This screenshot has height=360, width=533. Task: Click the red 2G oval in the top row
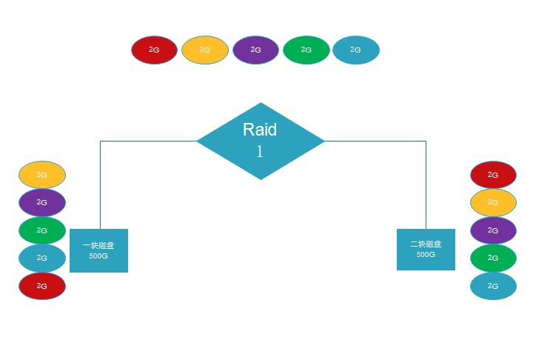[x=154, y=50]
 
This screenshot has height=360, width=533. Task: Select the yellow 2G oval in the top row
[x=204, y=50]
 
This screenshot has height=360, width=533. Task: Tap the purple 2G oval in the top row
[x=255, y=50]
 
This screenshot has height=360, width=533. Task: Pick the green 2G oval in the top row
[x=306, y=50]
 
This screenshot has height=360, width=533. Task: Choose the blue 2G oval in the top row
[x=356, y=50]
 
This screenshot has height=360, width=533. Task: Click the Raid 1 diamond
[x=261, y=141]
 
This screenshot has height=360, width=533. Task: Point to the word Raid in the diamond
[x=260, y=130]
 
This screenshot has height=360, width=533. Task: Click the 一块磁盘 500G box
[x=98, y=250]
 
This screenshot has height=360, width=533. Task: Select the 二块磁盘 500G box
[x=426, y=249]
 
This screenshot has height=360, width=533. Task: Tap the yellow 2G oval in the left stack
[x=42, y=175]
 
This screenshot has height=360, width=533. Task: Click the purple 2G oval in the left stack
[x=42, y=202]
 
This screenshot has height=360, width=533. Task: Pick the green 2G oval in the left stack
[x=42, y=230]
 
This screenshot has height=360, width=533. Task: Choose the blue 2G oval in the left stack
[x=42, y=258]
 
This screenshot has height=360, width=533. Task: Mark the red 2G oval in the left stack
[x=42, y=286]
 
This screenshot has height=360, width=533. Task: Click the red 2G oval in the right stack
[x=493, y=175]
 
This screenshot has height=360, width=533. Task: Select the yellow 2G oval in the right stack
[x=493, y=202]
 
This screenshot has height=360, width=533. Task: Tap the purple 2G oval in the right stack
[x=493, y=230]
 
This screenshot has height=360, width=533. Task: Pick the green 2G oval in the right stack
[x=493, y=258]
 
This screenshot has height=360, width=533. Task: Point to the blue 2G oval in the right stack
[x=493, y=286]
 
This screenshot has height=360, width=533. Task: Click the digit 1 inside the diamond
[x=260, y=152]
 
